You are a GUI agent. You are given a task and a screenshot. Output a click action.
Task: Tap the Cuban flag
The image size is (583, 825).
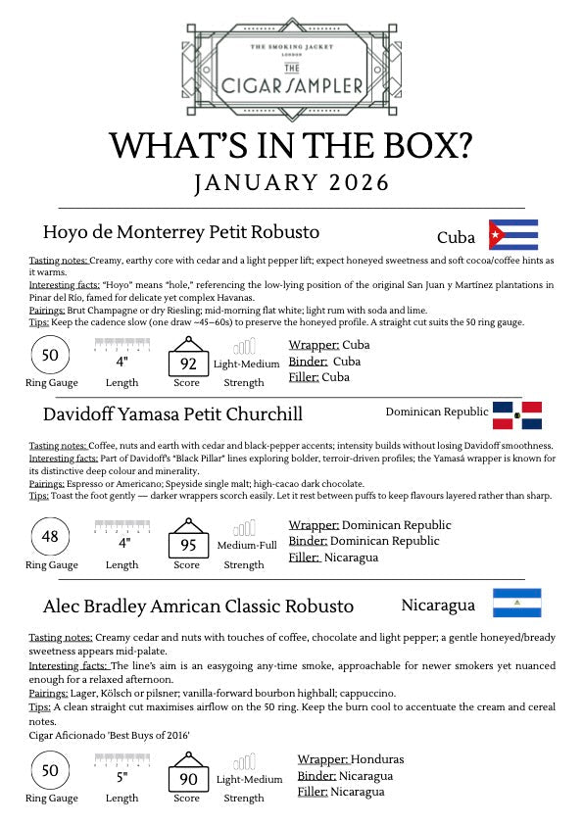512,235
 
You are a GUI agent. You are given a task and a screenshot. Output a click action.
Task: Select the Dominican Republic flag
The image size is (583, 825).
516,415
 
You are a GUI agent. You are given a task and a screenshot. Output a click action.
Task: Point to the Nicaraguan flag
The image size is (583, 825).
516,603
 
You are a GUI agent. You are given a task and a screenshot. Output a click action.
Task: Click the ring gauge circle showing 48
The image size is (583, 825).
51,536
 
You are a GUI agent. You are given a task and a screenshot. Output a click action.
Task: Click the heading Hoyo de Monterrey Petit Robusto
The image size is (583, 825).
181,232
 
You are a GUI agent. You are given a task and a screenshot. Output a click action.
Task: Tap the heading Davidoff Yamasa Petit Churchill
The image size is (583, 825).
172,412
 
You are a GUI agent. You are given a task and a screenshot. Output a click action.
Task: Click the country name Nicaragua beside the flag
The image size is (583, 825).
439,605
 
